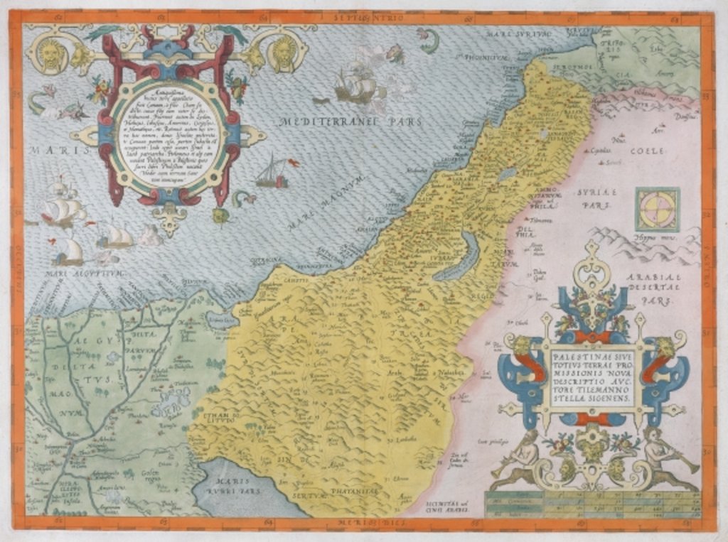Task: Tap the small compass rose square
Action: [657, 210]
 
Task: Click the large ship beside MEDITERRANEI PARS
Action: [356, 87]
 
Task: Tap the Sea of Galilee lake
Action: [506, 173]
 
